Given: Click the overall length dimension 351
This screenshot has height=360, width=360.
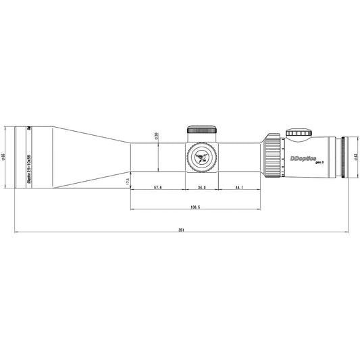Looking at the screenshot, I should (x=181, y=230).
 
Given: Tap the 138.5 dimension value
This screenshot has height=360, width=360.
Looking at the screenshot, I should (x=195, y=207).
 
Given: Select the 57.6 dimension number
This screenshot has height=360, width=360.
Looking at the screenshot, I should (x=157, y=186).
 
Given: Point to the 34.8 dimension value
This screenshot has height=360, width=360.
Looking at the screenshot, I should (x=201, y=186).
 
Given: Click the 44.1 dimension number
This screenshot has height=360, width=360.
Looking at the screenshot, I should (x=239, y=186).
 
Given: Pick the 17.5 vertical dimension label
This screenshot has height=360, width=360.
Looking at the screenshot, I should (x=126, y=182).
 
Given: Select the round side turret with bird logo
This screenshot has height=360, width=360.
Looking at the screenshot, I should (x=201, y=157).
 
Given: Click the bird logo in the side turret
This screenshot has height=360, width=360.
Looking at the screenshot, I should (x=201, y=157).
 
